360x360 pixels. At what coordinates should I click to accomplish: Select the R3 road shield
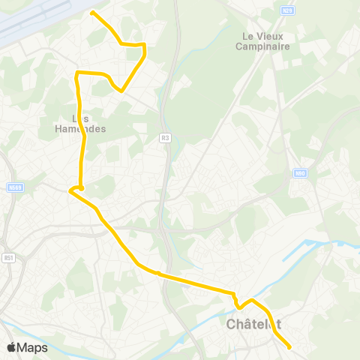pos(165,138)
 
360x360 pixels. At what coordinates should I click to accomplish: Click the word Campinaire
pos(263,46)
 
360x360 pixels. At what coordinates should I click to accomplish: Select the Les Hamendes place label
pos(81,123)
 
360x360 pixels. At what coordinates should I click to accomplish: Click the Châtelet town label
pos(253,325)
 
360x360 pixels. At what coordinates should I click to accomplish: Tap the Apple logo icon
pos(12,347)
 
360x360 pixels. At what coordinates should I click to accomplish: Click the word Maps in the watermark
pos(34,347)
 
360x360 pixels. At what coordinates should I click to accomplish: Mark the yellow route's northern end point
pos(92,13)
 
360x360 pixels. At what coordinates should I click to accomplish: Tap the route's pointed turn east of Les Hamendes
pos(121,91)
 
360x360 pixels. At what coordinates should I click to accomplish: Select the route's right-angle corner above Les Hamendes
pos(77,73)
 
